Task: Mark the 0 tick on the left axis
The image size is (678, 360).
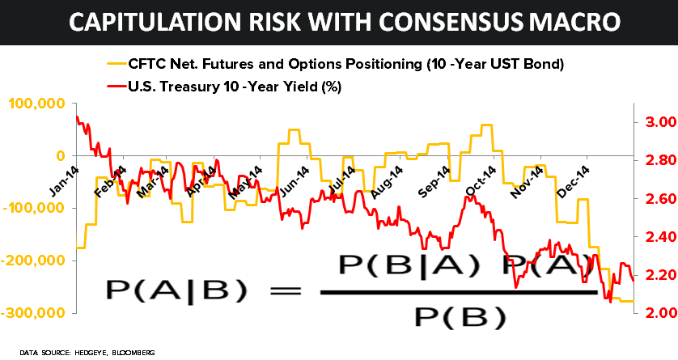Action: click(59, 155)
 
